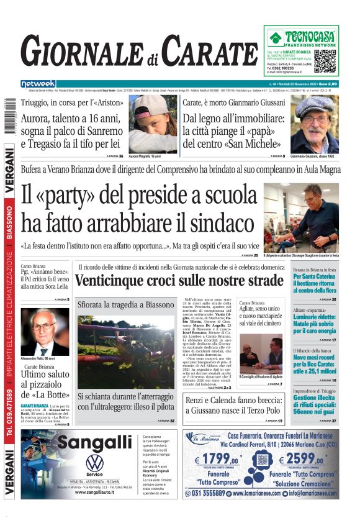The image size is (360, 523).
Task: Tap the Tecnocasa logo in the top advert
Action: pos(301,38)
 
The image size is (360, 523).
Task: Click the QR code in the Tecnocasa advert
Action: pos(325,61)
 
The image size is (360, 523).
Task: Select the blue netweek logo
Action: pos(38,84)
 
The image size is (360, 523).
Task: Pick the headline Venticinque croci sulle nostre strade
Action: pos(179,281)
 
